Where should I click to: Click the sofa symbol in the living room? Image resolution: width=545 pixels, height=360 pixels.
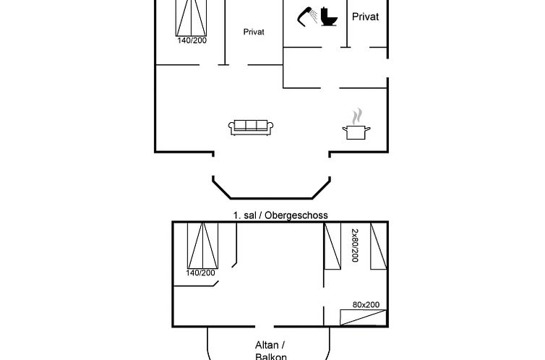point(251,127)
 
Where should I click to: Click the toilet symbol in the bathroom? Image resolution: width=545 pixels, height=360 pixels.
point(329,17)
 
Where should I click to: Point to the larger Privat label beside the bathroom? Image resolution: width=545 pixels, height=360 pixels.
point(365,17)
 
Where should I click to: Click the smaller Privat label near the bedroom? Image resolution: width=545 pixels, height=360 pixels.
point(254,32)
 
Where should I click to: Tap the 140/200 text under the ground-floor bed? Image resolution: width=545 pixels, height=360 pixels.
point(192,40)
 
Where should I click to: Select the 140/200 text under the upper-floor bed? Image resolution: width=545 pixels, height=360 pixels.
point(200,273)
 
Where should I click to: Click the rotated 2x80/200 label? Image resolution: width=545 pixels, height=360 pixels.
point(355,245)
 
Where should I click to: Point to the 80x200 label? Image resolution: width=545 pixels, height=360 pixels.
point(366,305)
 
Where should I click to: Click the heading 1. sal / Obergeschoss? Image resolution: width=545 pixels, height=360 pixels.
point(280,215)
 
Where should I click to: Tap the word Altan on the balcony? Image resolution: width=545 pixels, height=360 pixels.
point(267,345)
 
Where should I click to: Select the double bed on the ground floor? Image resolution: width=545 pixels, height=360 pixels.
point(191,18)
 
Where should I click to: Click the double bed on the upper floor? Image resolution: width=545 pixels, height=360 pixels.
point(202,246)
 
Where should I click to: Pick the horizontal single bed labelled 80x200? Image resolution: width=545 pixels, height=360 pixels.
point(364,317)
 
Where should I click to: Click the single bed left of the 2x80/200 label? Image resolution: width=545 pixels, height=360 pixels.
point(332,246)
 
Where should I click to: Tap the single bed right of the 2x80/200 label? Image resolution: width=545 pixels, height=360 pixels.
point(379,246)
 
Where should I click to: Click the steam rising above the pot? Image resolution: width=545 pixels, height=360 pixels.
point(357,116)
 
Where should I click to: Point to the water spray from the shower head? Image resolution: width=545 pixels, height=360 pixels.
point(314,17)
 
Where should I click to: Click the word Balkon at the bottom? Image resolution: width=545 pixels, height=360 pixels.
point(271,356)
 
